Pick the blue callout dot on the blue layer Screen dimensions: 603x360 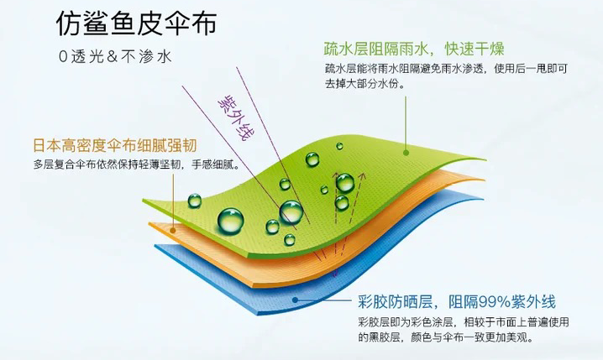tap(294, 298)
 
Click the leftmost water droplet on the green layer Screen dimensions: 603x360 tap(194, 201)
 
